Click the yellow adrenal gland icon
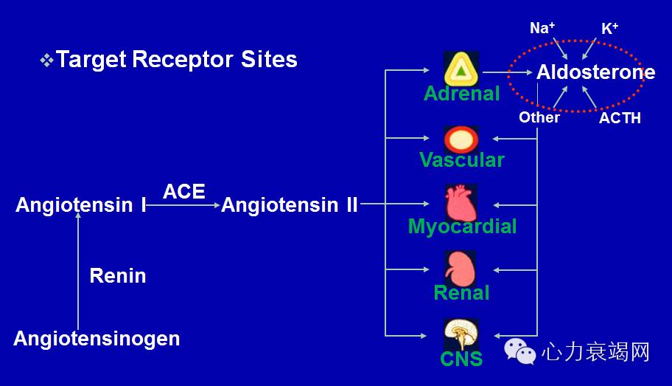point(461,69)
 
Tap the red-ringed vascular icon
point(461,139)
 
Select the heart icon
point(461,203)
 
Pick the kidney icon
point(461,269)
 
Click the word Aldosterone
point(595,72)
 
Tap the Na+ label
point(542,28)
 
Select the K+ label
point(609,28)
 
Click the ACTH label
point(620,117)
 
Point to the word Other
point(539,117)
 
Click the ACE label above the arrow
point(184,191)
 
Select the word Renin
point(118,275)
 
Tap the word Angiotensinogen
point(97,339)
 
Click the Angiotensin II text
point(290,204)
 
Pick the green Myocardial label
point(462,226)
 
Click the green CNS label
point(461,359)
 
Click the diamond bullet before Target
point(46,60)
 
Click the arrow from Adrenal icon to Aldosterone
point(508,72)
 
